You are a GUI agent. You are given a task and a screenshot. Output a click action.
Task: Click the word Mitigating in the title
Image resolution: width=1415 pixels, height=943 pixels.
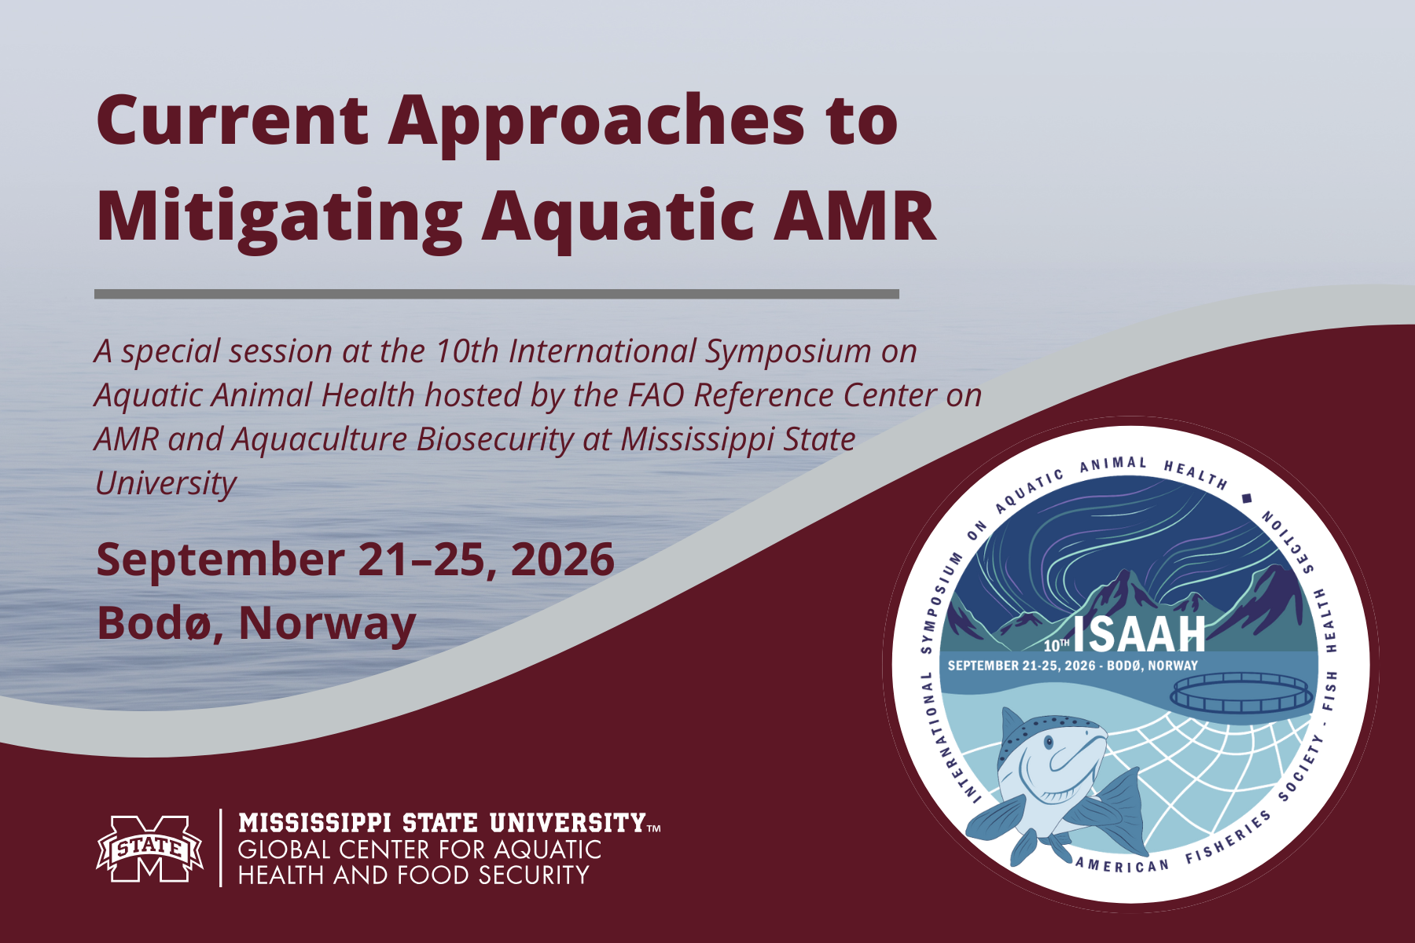point(279,216)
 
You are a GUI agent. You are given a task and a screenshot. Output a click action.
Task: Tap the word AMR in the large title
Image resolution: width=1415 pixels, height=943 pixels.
point(855,216)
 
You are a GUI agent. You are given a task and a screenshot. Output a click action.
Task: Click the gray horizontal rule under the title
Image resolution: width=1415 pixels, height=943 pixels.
point(496,294)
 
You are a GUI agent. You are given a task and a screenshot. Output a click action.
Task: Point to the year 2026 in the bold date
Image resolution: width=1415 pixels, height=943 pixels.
point(562,560)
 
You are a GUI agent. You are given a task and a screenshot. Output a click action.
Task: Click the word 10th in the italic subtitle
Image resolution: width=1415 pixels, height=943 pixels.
point(467,351)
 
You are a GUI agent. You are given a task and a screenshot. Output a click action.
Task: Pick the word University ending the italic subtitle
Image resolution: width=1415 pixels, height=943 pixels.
point(165,483)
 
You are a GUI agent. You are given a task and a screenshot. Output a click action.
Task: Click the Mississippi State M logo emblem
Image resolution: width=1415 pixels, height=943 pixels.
point(149,848)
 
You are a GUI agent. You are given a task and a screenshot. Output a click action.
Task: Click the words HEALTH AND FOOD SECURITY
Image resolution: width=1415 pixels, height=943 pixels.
point(413,875)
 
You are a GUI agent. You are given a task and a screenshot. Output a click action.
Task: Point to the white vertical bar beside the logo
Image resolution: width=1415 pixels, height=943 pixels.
point(221,848)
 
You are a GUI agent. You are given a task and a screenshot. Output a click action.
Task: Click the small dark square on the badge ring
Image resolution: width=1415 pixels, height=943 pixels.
point(1246,498)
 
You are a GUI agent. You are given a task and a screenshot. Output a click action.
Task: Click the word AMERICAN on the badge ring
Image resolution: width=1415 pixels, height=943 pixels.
point(1122,865)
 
